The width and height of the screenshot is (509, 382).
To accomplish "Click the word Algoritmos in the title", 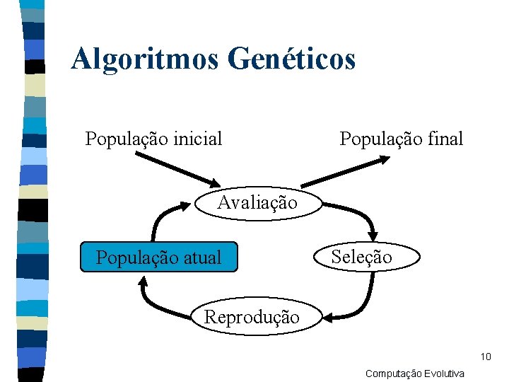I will pos(146,59).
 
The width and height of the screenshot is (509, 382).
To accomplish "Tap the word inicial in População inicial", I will pos(196,139).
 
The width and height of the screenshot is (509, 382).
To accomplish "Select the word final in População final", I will pos(445,139).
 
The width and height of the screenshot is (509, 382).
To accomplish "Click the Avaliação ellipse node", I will pos(257,203).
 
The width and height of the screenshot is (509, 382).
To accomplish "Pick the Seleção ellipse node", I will pos(361,257).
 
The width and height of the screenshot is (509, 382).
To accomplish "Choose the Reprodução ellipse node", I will pos(252,316).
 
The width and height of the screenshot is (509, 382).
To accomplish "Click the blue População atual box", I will pos(158,257).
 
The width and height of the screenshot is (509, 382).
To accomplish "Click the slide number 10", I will pos(485,356).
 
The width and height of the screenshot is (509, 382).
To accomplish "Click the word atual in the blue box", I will pos(202,257).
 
